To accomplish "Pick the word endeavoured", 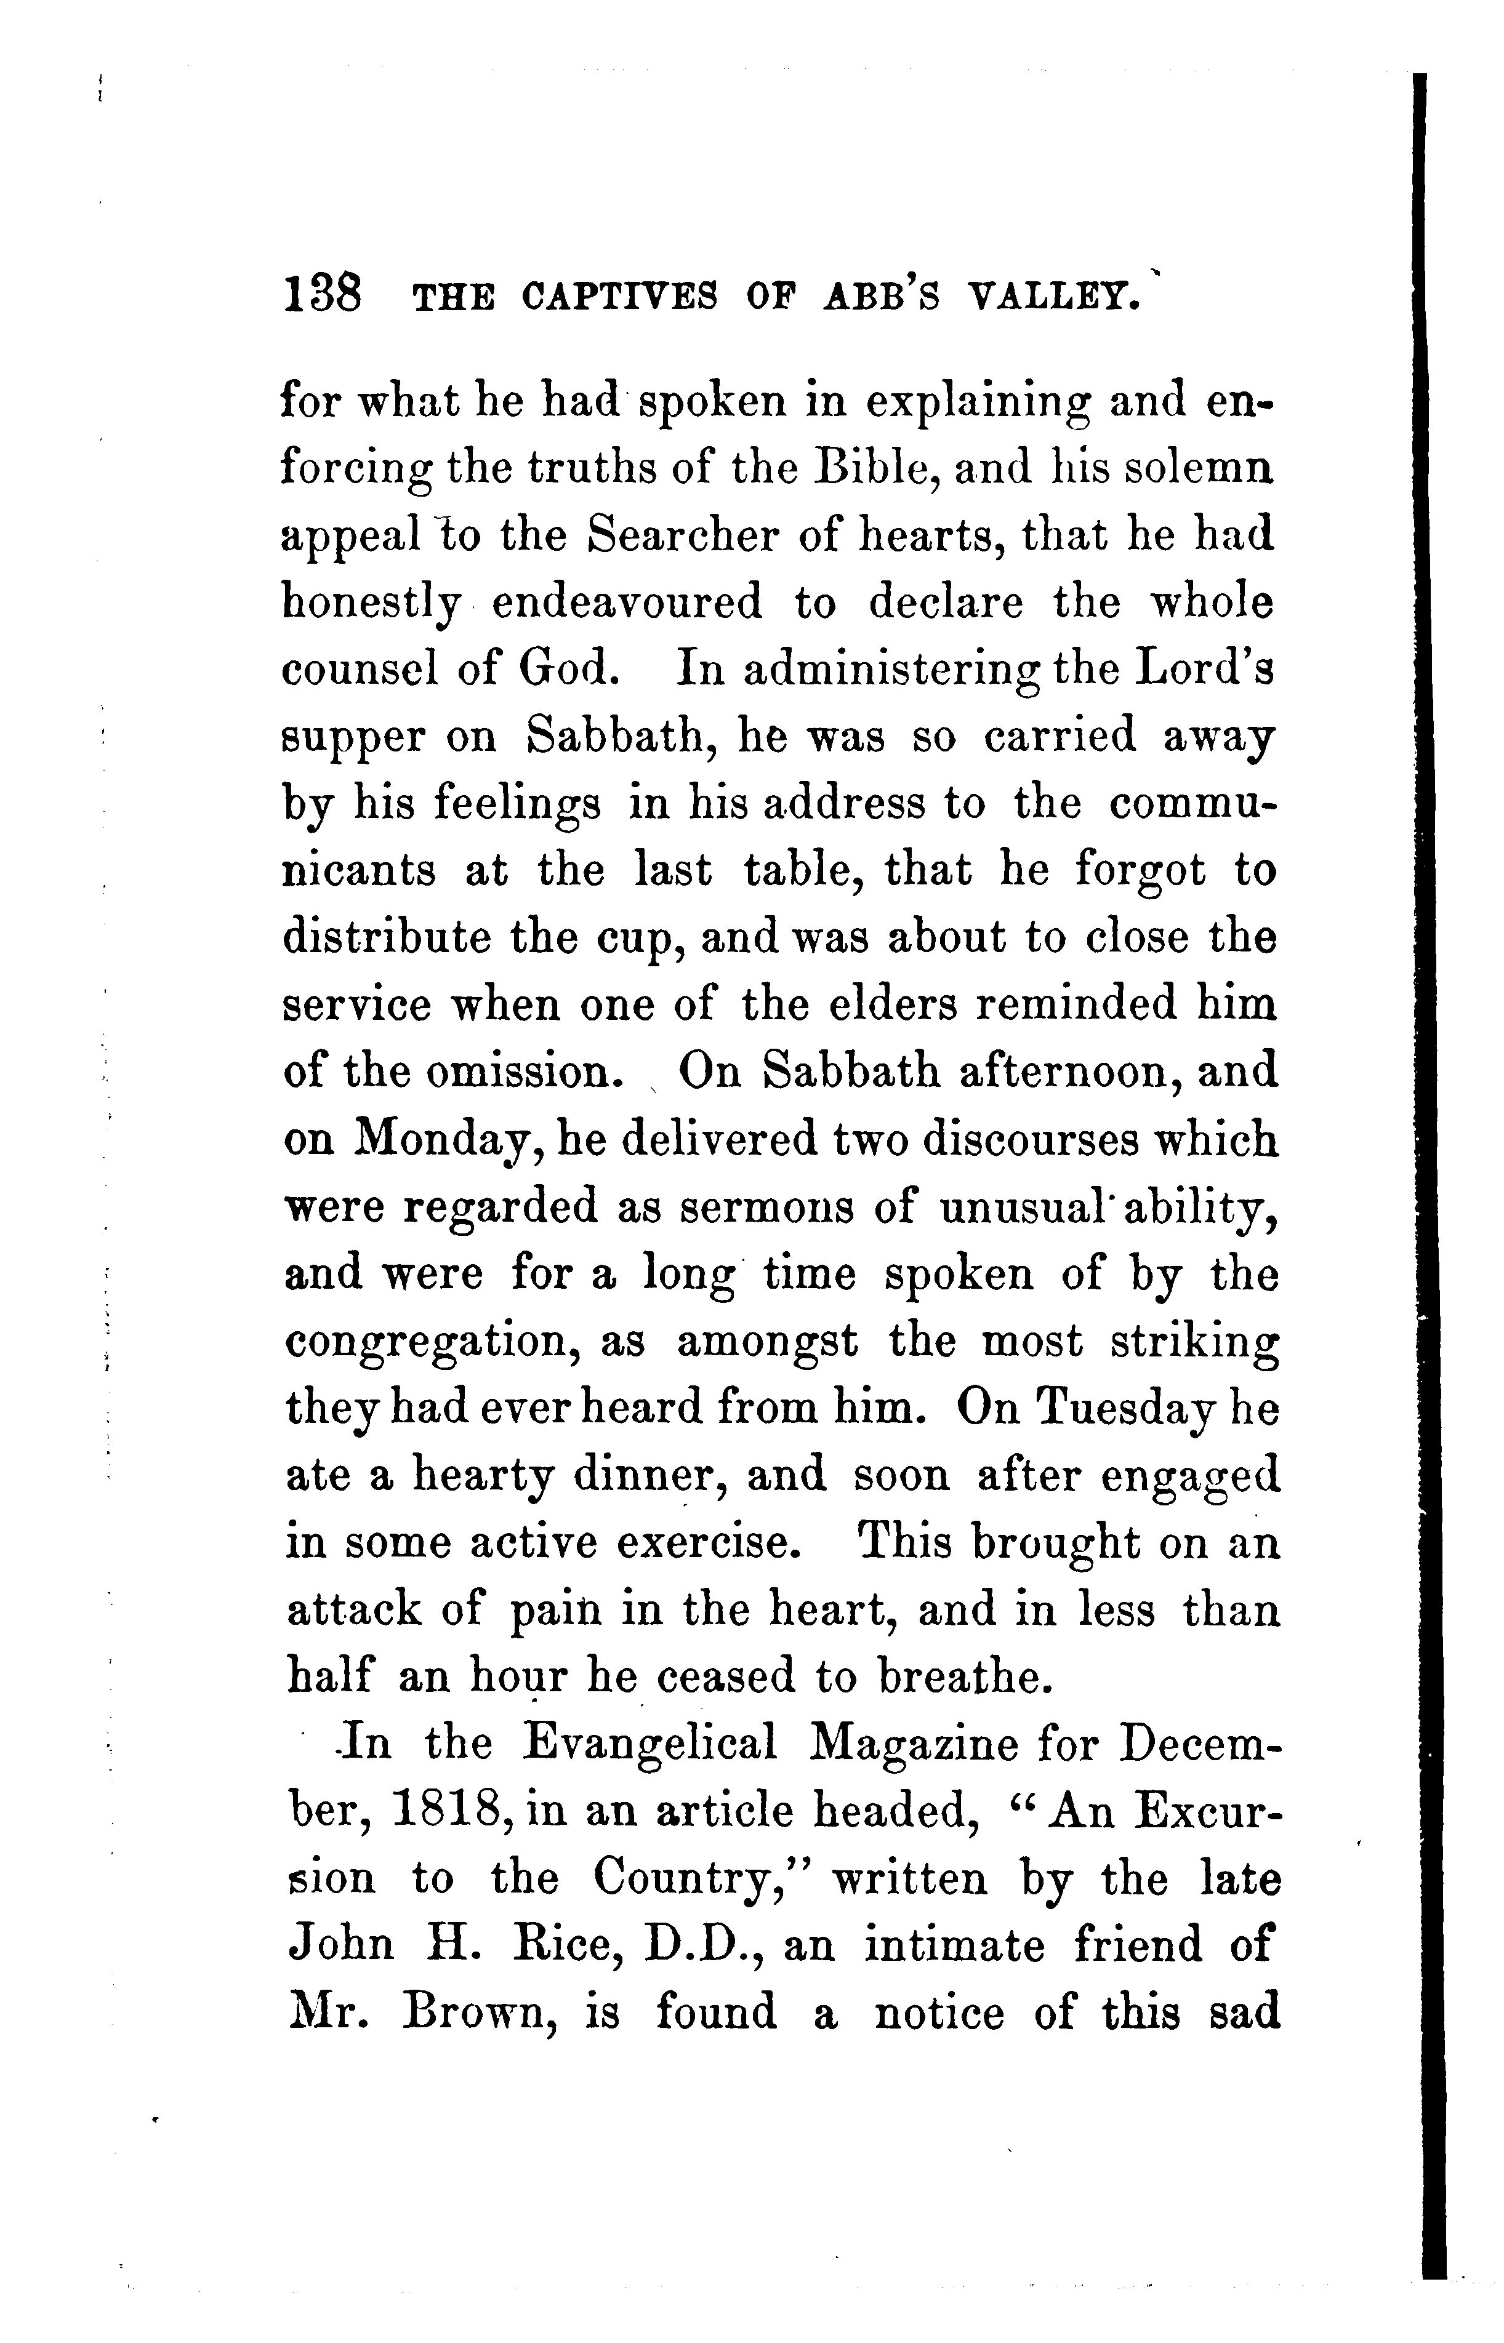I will (x=626, y=603).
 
